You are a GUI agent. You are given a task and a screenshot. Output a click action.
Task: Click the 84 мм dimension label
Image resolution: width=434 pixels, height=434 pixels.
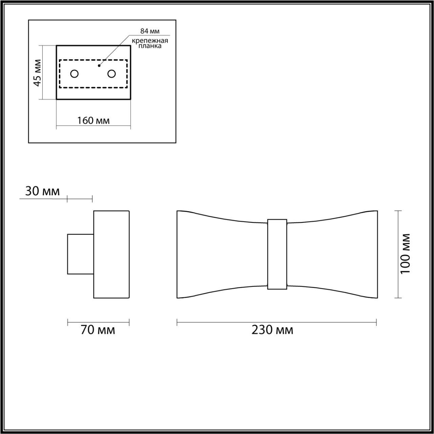click(x=150, y=31)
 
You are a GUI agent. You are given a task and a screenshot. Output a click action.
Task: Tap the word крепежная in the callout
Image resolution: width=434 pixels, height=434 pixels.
click(x=150, y=41)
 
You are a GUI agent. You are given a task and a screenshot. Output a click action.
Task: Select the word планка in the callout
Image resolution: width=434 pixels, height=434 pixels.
click(x=150, y=46)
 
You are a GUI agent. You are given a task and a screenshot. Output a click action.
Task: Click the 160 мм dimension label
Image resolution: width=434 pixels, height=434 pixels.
click(x=93, y=120)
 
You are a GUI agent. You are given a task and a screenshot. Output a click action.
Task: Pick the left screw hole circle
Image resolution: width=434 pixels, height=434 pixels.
click(x=74, y=74)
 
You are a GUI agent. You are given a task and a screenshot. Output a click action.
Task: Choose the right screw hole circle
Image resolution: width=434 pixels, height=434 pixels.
click(x=111, y=74)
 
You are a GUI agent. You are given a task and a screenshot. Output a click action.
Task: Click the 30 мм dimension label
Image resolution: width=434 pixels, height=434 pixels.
click(x=42, y=191)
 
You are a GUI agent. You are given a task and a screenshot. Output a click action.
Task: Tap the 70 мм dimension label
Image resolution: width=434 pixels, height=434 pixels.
click(x=98, y=330)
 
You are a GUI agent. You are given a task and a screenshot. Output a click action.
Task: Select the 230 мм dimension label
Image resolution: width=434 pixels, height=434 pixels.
click(x=272, y=330)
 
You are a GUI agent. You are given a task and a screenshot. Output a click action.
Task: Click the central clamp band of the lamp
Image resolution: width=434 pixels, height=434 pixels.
click(x=277, y=254)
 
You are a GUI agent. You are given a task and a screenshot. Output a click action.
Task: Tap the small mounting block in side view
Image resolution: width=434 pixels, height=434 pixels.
click(x=80, y=254)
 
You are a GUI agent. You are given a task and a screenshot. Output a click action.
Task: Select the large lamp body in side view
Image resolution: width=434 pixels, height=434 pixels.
click(x=111, y=254)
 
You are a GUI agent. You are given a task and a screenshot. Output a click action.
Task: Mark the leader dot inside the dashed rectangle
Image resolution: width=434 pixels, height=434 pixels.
click(x=99, y=65)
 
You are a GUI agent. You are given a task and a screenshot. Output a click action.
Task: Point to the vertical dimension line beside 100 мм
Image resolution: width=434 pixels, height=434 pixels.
click(x=398, y=254)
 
